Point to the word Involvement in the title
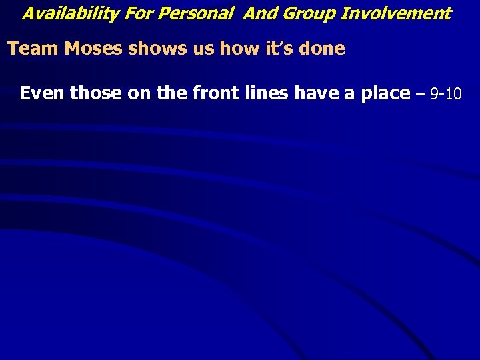[x=396, y=13]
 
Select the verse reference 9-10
[x=446, y=94]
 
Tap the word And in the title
[x=258, y=13]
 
